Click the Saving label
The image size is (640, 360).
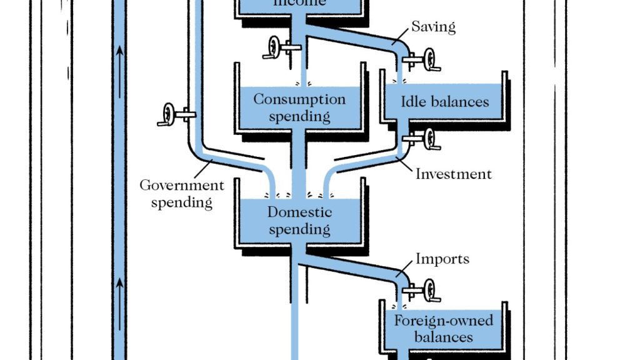click(433, 27)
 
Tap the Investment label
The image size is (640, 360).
click(454, 174)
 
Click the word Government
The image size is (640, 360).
click(181, 186)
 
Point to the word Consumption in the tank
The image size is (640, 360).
click(299, 99)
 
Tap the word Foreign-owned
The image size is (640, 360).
click(443, 321)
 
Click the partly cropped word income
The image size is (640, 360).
click(299, 3)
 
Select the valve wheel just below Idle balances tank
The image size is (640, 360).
click(431, 139)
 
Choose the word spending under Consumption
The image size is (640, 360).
click(299, 116)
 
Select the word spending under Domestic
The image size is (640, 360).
click(299, 229)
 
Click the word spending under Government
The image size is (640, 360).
click(181, 202)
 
